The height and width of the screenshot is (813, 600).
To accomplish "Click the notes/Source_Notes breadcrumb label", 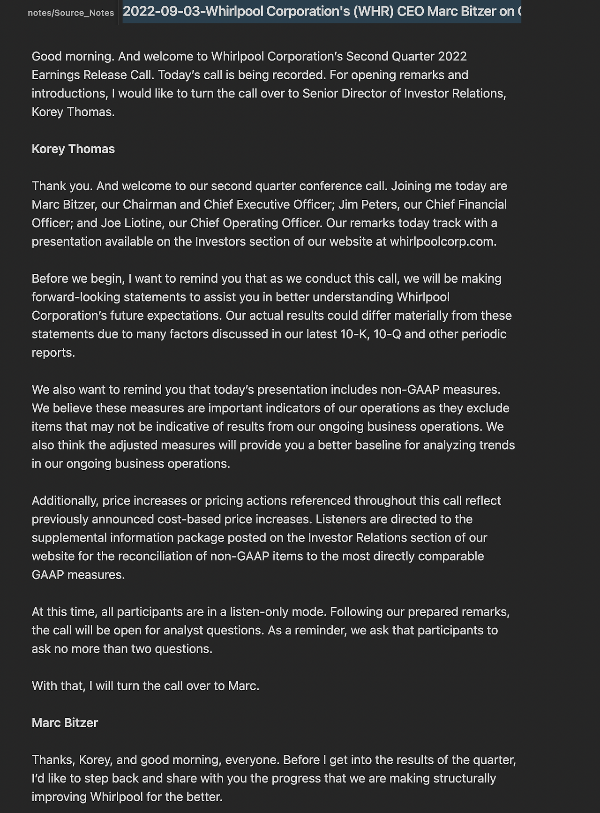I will (71, 13).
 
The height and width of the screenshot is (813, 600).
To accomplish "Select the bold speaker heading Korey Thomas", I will (73, 149).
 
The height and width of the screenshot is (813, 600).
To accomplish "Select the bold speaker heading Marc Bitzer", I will (65, 723).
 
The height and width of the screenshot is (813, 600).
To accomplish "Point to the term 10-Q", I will (387, 334).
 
